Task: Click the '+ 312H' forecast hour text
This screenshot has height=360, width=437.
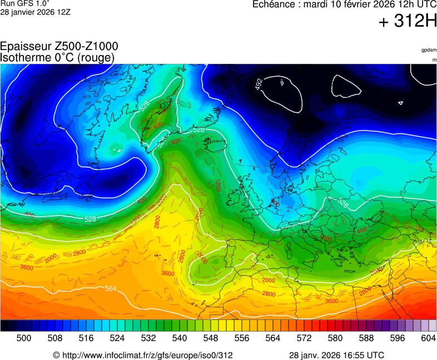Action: point(408,22)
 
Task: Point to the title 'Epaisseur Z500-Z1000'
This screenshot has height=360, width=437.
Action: point(59,47)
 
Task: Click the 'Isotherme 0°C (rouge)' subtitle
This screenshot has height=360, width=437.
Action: point(57,57)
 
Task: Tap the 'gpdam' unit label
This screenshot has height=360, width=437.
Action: point(429,50)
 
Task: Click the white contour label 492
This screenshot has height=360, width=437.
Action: point(259,84)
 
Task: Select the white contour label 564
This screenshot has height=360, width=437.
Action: point(111,288)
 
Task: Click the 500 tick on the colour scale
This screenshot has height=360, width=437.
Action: point(23,338)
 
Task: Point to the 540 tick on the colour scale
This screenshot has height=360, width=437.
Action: point(179,338)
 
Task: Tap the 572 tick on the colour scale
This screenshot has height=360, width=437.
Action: point(304,338)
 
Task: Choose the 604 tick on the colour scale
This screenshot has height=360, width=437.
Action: point(428,338)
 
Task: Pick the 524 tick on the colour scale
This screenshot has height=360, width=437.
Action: point(117,338)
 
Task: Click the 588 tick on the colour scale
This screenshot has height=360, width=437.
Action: point(366,338)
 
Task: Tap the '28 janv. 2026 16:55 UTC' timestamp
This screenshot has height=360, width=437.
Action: point(336,355)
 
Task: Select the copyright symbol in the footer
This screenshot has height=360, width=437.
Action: point(56,355)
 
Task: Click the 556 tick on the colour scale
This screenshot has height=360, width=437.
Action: point(241,338)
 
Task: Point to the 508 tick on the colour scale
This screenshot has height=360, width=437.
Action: point(54,338)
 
